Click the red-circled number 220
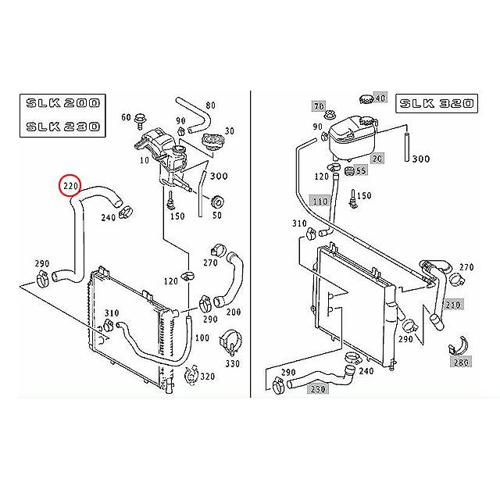(x=71, y=187)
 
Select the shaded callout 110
(x=320, y=201)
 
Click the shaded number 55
(x=361, y=170)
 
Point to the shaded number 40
(x=380, y=98)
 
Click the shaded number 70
(x=318, y=105)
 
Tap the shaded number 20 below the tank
(x=378, y=158)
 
